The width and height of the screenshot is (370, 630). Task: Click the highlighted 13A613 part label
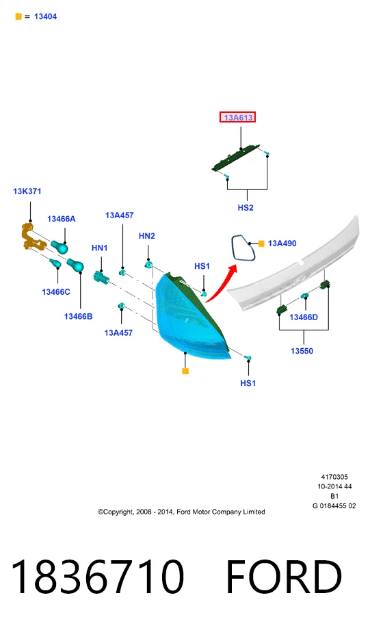238,118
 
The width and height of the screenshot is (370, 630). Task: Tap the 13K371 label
27,192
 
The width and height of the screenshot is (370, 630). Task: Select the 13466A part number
61,219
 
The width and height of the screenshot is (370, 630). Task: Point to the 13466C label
56,291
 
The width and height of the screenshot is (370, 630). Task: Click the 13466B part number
78,316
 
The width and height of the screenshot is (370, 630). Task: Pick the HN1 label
100,248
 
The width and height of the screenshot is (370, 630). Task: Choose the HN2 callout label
146,236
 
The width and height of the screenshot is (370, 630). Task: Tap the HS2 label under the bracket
246,208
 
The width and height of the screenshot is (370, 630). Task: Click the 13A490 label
282,243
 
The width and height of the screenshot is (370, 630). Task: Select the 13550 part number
302,351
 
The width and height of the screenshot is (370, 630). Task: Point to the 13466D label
304,317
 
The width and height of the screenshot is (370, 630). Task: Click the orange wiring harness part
31,237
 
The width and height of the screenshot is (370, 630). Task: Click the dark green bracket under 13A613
236,157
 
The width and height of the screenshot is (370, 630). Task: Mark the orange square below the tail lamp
185,371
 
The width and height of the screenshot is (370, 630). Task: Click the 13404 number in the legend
45,16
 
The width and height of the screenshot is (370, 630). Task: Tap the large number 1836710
97,576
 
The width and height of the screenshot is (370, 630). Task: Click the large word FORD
284,576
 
